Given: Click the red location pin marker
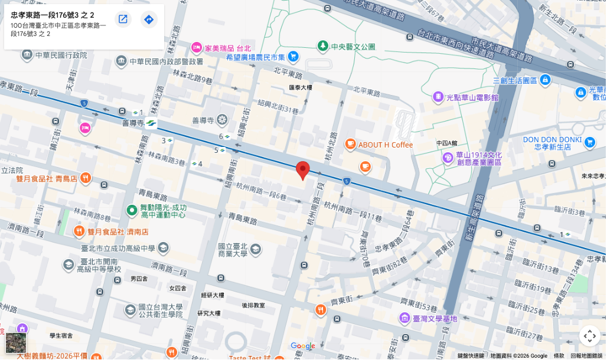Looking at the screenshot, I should click(x=303, y=170).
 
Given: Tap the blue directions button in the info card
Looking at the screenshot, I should click(x=149, y=19).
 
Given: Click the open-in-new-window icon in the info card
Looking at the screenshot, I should click(x=123, y=19).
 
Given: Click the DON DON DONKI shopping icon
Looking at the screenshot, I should click(x=589, y=142).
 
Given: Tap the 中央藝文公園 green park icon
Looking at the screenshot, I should click(x=322, y=46).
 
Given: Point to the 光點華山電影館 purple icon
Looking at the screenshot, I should click(x=438, y=97).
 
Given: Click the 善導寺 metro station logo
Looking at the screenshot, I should click(x=151, y=123).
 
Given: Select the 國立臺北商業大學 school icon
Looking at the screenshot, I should click(x=255, y=249).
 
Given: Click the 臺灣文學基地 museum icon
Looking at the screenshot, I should click(x=404, y=319).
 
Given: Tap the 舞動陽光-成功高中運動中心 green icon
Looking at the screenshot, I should click(x=132, y=210).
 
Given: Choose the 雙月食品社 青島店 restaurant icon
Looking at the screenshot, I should click(x=86, y=178).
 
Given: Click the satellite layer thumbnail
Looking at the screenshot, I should click(x=16, y=342).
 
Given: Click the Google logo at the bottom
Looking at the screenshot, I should click(x=303, y=346).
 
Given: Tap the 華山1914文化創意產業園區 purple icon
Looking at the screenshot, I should click(x=448, y=158).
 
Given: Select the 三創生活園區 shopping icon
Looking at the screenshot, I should click(x=545, y=79).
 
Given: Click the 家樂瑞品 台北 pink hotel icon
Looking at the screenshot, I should click(x=197, y=47).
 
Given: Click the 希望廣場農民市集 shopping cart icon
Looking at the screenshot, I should click(x=293, y=57).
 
